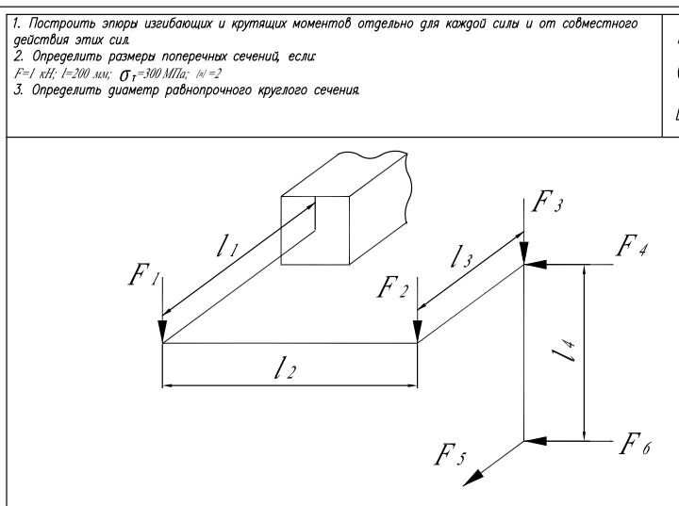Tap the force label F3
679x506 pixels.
pyautogui.click(x=546, y=203)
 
